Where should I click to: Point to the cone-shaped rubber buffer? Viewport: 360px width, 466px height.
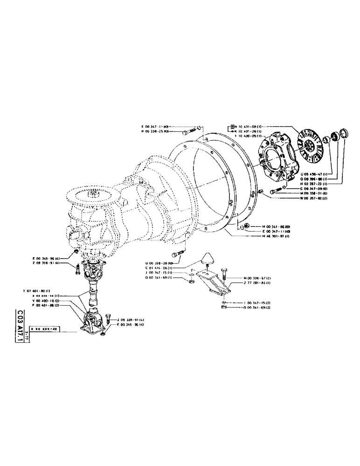[207, 261]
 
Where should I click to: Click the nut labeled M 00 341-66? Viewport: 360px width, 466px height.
[244, 226]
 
